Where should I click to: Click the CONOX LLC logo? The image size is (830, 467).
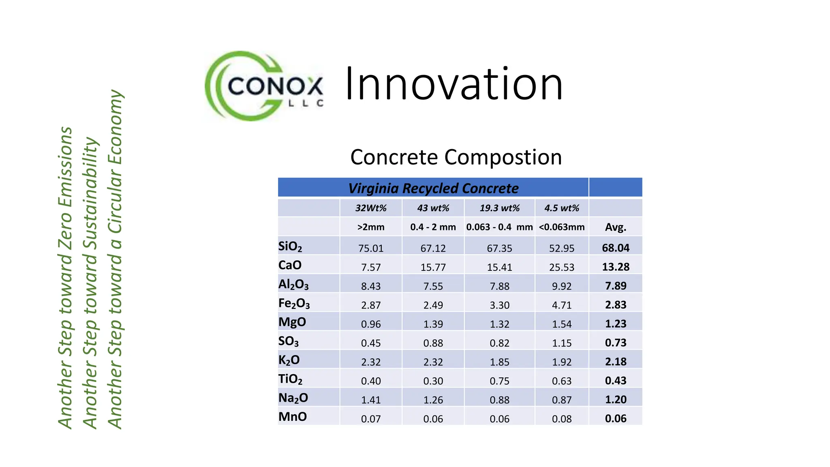264,86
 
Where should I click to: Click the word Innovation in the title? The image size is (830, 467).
454,84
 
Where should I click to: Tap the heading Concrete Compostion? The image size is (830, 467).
456,157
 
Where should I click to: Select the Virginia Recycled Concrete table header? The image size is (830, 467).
433,188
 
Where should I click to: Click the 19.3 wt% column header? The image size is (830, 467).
499,208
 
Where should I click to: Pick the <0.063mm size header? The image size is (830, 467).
561,227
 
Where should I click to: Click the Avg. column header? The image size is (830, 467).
615,227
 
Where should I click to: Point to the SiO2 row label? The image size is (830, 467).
290,246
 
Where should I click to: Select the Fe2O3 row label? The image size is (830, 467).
294,303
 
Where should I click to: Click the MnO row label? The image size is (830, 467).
293,417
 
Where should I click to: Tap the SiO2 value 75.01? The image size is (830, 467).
370,248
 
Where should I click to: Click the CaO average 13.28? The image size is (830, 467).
615,267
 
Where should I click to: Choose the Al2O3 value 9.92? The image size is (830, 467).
561,286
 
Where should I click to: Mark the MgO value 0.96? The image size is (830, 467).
370,324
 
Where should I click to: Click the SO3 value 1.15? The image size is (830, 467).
561,343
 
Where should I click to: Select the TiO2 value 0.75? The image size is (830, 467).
499,381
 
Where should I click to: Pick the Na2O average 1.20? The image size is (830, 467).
615,400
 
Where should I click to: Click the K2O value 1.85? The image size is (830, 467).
499,362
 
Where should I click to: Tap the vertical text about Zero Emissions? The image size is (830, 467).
65,278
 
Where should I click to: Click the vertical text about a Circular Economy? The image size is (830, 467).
115,259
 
